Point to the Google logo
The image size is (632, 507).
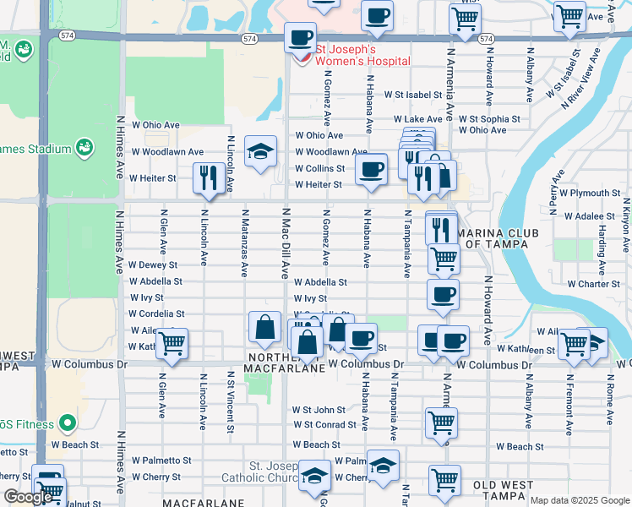[x=28, y=497]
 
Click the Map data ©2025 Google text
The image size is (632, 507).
[x=580, y=500]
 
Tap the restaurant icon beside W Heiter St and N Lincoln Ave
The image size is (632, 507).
[x=208, y=177]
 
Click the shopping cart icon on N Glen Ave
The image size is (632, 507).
[x=172, y=343]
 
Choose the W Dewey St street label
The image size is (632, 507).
[x=154, y=264]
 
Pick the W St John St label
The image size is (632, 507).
[x=319, y=410]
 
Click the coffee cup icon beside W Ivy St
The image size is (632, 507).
[x=443, y=295]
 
